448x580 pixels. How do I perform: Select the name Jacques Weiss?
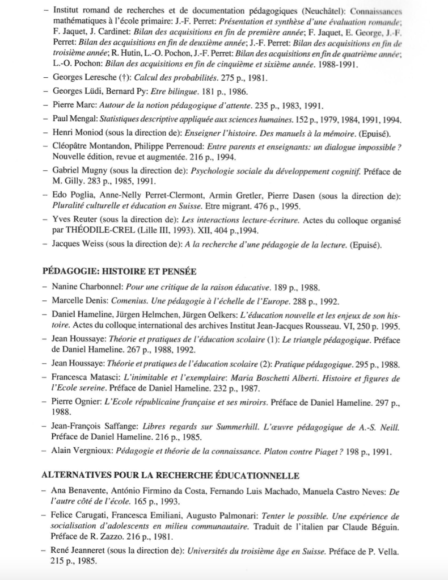75,246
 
